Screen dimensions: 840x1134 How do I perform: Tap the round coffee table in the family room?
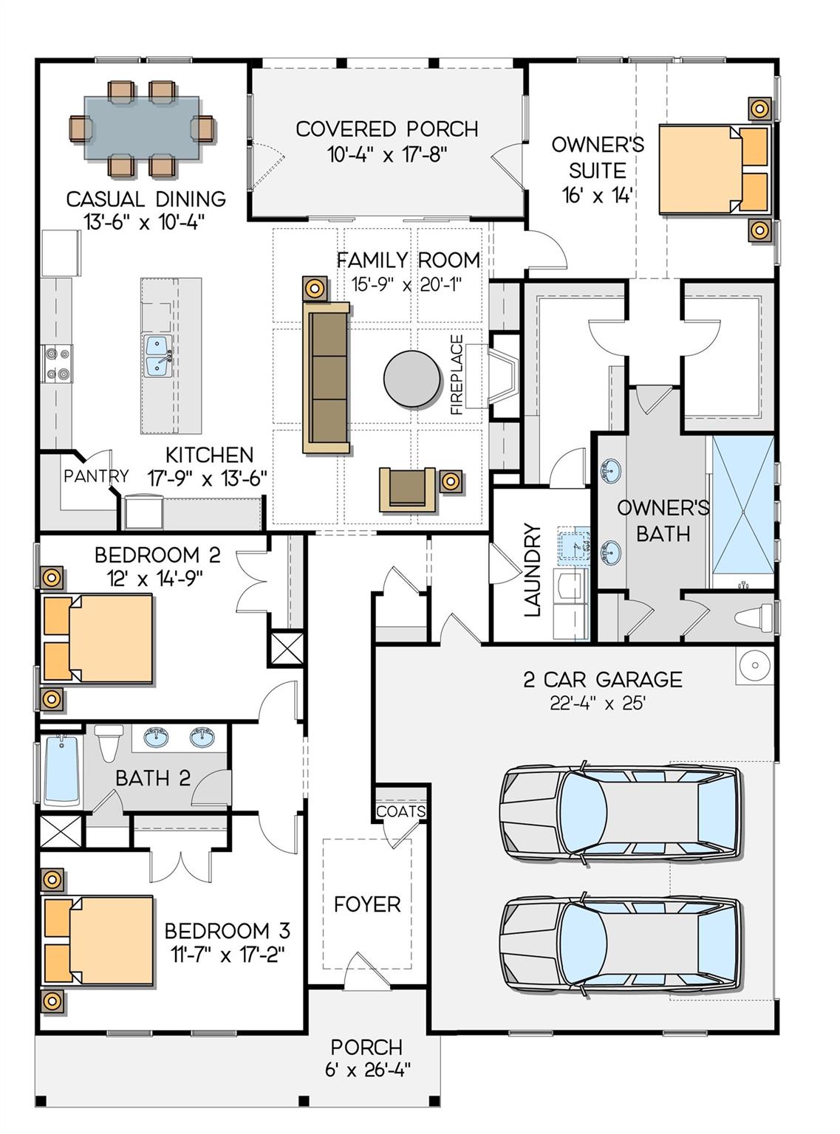[412, 378]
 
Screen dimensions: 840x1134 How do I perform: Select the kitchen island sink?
[157, 356]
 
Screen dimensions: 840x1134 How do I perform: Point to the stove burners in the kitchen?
[57, 363]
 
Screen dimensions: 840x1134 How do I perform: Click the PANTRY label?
[95, 476]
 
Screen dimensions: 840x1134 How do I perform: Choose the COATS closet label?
[401, 811]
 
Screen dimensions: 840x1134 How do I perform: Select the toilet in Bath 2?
[109, 742]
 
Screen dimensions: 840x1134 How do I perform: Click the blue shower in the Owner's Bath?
[742, 512]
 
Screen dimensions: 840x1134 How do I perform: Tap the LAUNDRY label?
[532, 569]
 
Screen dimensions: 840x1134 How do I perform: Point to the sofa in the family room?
[327, 377]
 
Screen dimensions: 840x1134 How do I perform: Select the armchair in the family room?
[407, 489]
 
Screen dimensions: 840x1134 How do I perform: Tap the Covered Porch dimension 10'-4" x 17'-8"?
[387, 154]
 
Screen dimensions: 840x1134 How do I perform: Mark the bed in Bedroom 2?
[98, 638]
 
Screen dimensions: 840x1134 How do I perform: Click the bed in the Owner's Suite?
[714, 168]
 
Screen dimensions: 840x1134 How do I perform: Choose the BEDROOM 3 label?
[227, 930]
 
